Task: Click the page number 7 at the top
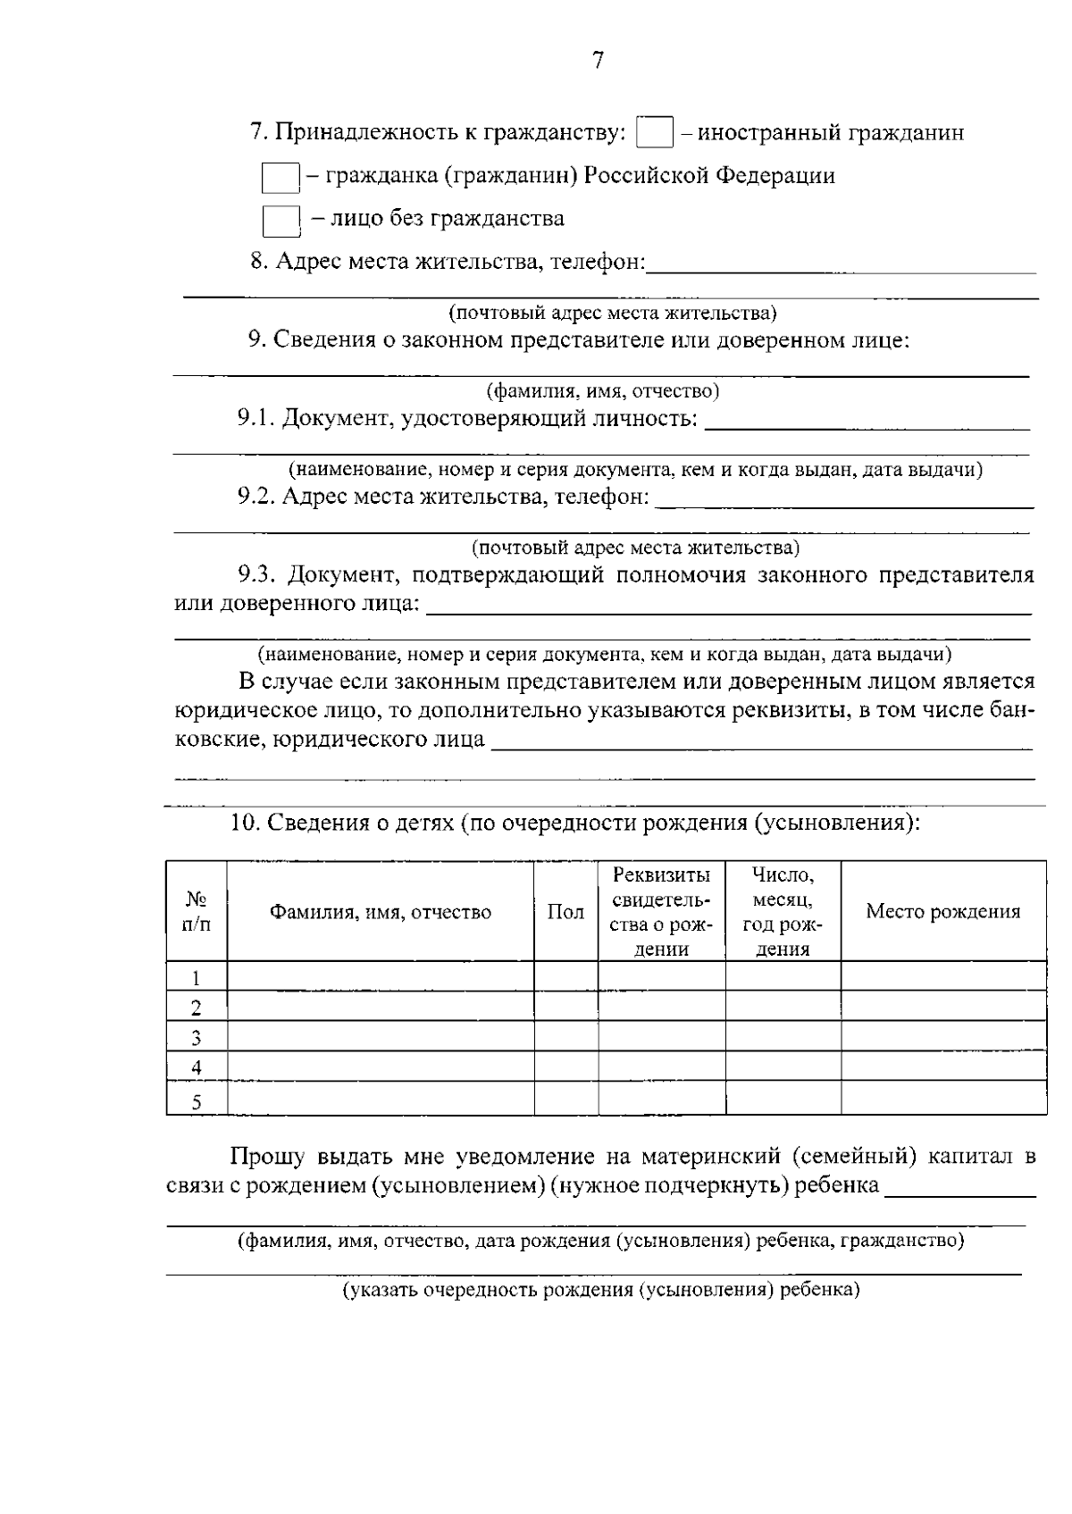(598, 60)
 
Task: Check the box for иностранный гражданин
(655, 133)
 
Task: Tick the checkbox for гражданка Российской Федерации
(280, 177)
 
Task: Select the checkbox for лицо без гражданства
(280, 220)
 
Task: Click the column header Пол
(565, 912)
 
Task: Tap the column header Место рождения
(942, 912)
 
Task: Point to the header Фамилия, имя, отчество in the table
(381, 912)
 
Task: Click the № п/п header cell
(197, 912)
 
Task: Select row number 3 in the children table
(197, 1038)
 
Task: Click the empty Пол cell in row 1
(565, 976)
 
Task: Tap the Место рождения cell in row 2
(942, 1007)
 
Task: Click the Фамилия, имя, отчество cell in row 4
(381, 1067)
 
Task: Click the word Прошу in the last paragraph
(269, 1157)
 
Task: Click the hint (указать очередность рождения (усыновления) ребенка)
(601, 1290)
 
